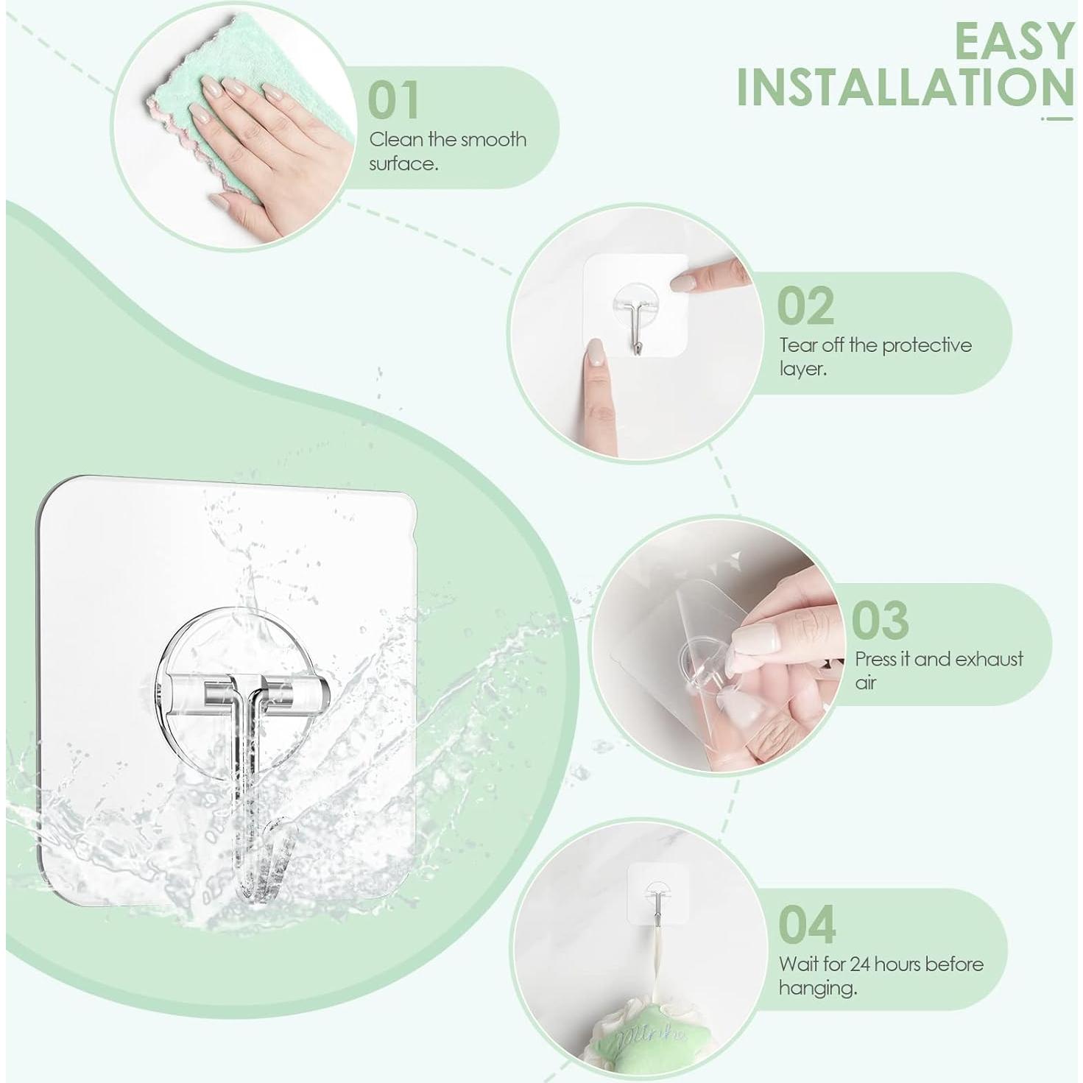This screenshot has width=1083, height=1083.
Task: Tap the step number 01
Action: click(393, 99)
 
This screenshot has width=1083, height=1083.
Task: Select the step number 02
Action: click(805, 306)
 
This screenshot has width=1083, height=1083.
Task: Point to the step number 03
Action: click(880, 620)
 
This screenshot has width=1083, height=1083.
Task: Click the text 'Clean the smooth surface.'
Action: click(448, 151)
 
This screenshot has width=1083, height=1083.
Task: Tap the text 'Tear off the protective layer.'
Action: click(875, 356)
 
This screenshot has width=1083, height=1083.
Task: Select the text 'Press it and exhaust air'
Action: click(939, 670)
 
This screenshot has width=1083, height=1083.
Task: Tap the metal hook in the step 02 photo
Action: click(635, 331)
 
